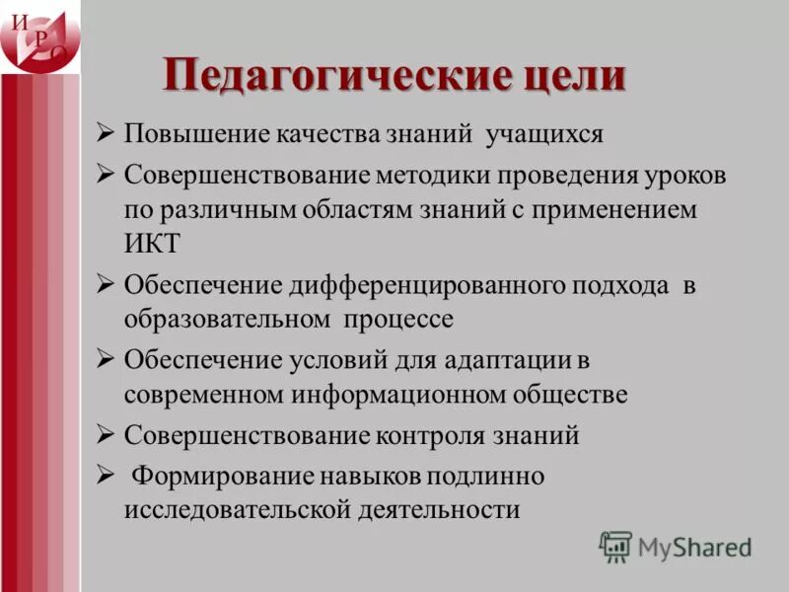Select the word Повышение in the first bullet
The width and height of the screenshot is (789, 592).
point(184,134)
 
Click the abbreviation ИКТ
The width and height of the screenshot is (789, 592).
point(154,243)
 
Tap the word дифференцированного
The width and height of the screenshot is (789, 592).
point(426,286)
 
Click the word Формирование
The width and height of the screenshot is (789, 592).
point(224,478)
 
